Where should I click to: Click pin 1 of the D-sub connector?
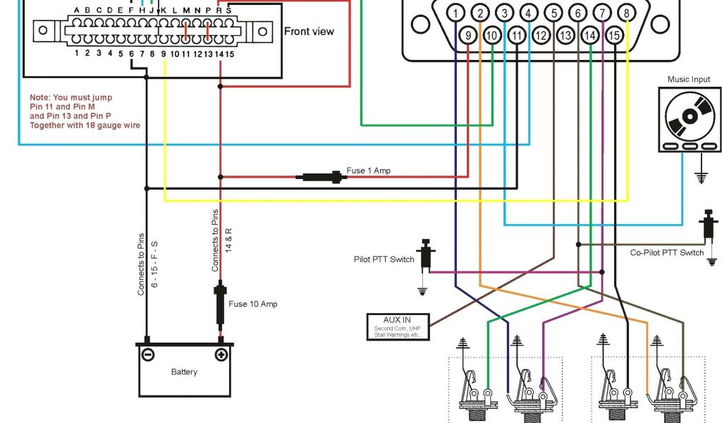[x=456, y=13]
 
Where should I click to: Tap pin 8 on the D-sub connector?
[x=625, y=13]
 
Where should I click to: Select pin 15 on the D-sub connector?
[x=615, y=35]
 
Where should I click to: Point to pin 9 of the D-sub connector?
[x=467, y=35]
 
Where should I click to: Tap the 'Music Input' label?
[x=690, y=79]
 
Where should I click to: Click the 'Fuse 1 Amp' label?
[x=368, y=171]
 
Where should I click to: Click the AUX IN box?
[x=397, y=326]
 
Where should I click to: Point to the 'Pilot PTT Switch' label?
[x=384, y=259]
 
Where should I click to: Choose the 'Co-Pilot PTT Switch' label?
[x=666, y=252]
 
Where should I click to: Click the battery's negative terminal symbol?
[x=148, y=355]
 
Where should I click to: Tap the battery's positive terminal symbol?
[x=221, y=355]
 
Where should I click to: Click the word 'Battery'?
[x=185, y=372]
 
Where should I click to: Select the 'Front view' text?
[x=309, y=31]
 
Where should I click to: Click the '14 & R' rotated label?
[x=228, y=240]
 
